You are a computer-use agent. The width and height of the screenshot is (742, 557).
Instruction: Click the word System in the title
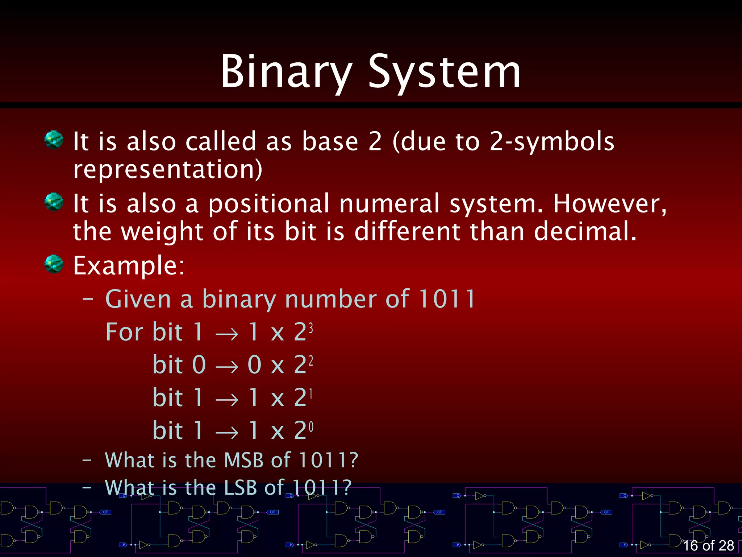click(x=445, y=71)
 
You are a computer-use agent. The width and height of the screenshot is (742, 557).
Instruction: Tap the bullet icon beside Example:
click(x=54, y=264)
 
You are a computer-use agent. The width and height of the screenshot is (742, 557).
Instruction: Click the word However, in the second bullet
click(x=610, y=204)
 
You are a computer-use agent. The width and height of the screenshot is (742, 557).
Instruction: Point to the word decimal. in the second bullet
click(x=585, y=231)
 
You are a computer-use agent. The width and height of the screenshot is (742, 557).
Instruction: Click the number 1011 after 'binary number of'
click(x=446, y=299)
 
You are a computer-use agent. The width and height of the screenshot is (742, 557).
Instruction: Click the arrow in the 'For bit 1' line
click(x=227, y=333)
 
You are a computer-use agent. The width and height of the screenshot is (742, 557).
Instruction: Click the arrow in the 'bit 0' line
click(x=227, y=366)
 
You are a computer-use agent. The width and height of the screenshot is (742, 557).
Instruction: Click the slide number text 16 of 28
click(x=708, y=545)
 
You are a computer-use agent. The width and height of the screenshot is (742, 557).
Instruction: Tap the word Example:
click(x=129, y=265)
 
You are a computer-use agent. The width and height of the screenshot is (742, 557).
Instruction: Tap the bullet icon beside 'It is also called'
click(x=54, y=140)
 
